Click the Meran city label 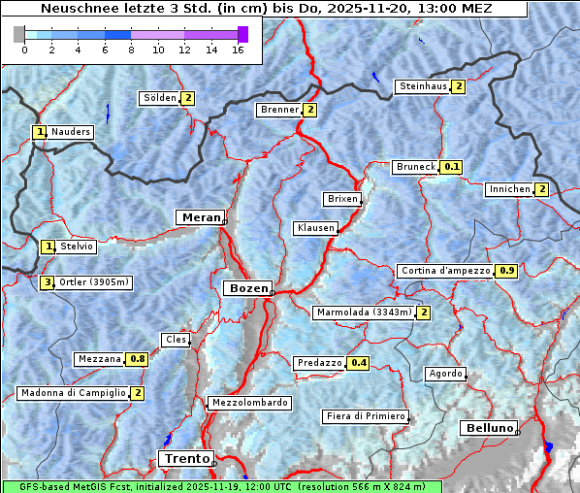pos(199,217)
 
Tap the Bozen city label pos(246,289)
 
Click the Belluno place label pos(489,428)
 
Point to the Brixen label pos(341,199)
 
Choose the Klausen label pos(314,228)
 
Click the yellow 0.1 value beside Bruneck pos(451,167)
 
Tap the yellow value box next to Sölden pos(188,98)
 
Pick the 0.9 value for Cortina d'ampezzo pos(506,271)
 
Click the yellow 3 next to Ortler pos(48,282)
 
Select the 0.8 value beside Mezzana pos(138,359)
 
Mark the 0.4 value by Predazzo pos(359,363)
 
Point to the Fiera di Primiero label pos(365,416)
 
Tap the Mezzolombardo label pos(248,403)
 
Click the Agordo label pos(445,374)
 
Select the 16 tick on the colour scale pos(238,49)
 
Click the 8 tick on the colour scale pos(131,49)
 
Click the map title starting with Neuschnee pos(267,10)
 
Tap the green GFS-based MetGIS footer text pos(221,486)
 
